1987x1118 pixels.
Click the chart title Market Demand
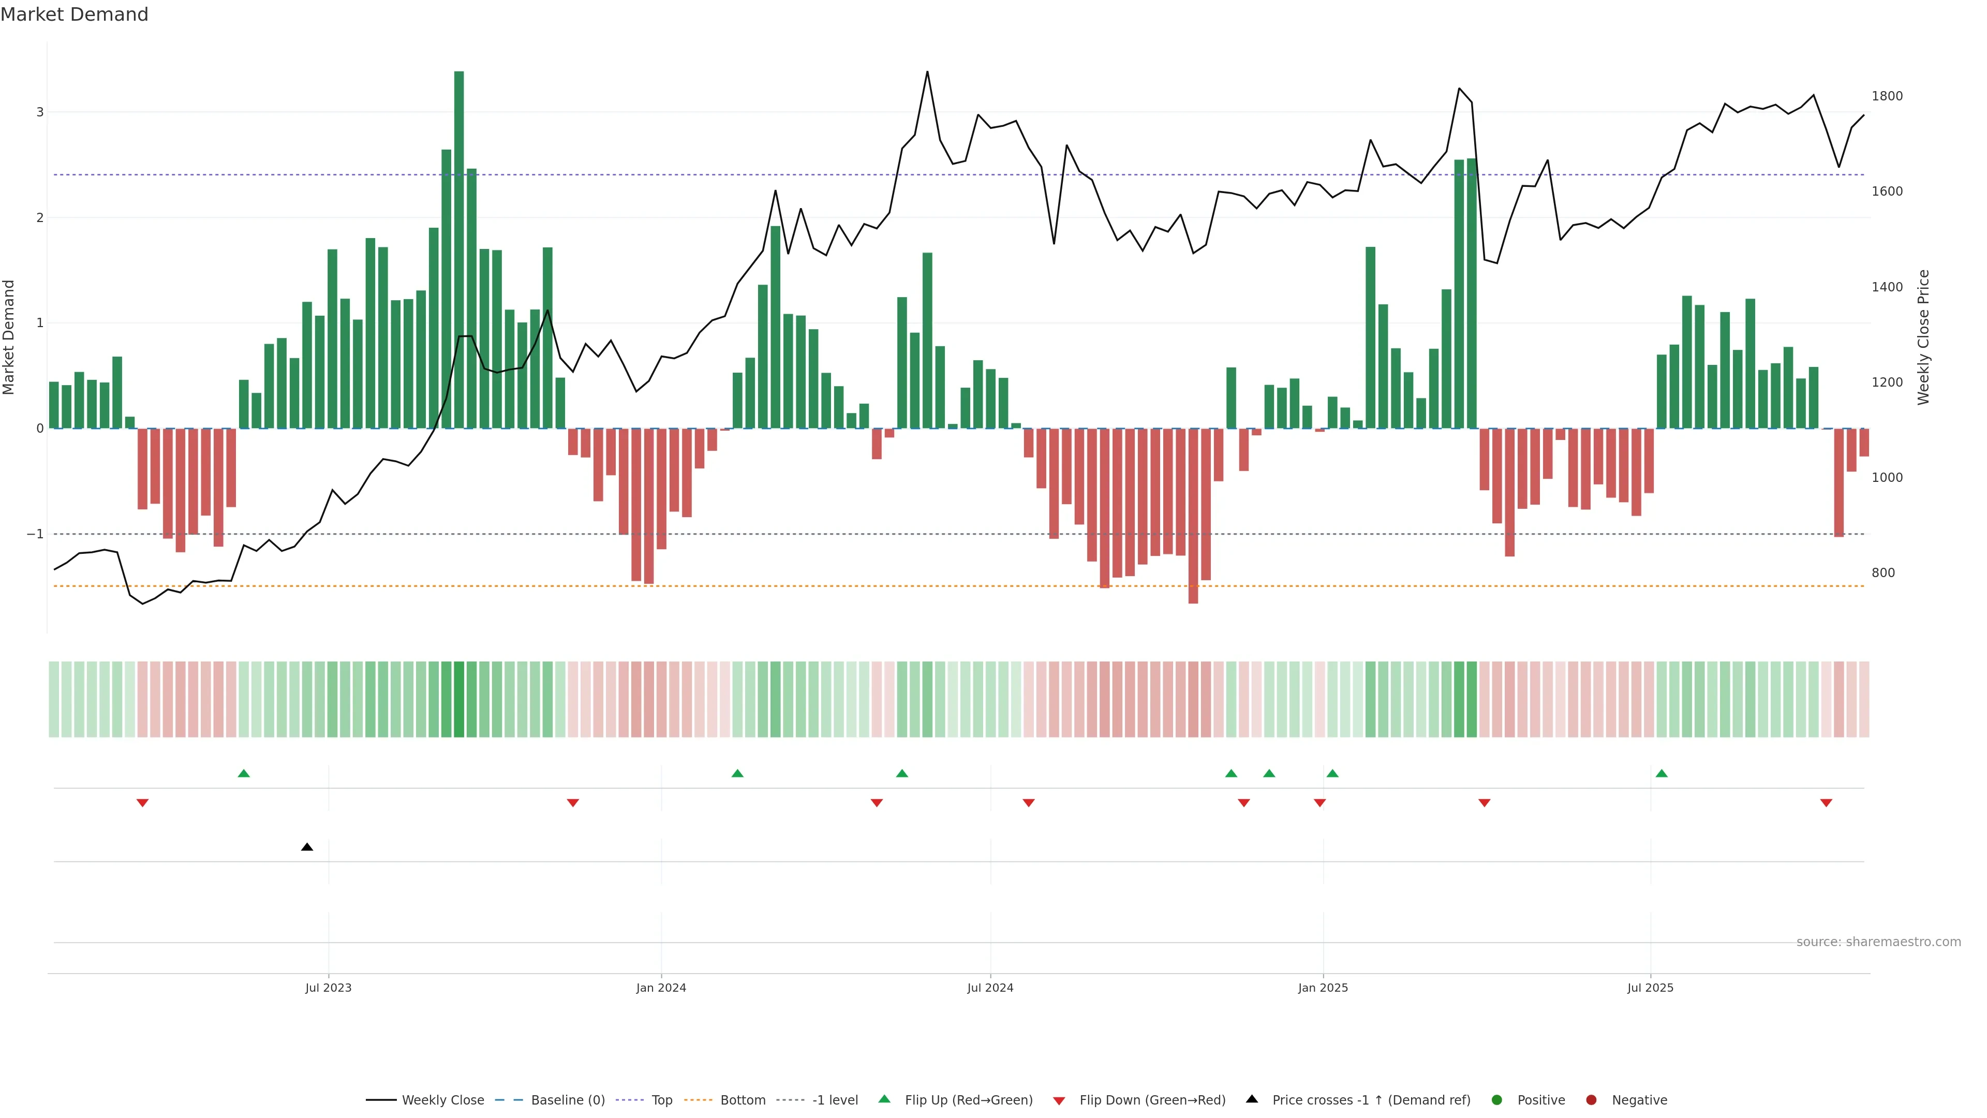point(74,14)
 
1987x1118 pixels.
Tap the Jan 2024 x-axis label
point(661,988)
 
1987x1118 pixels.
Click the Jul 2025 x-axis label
point(1650,988)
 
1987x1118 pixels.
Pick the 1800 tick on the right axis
point(1887,96)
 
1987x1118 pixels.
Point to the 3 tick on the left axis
point(40,113)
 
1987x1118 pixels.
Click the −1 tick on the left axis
point(36,534)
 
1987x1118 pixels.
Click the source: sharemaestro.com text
point(1878,942)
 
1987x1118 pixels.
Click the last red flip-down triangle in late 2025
point(1826,803)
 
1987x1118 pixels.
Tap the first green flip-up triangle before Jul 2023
point(244,773)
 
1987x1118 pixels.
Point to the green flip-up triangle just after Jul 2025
point(1662,773)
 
